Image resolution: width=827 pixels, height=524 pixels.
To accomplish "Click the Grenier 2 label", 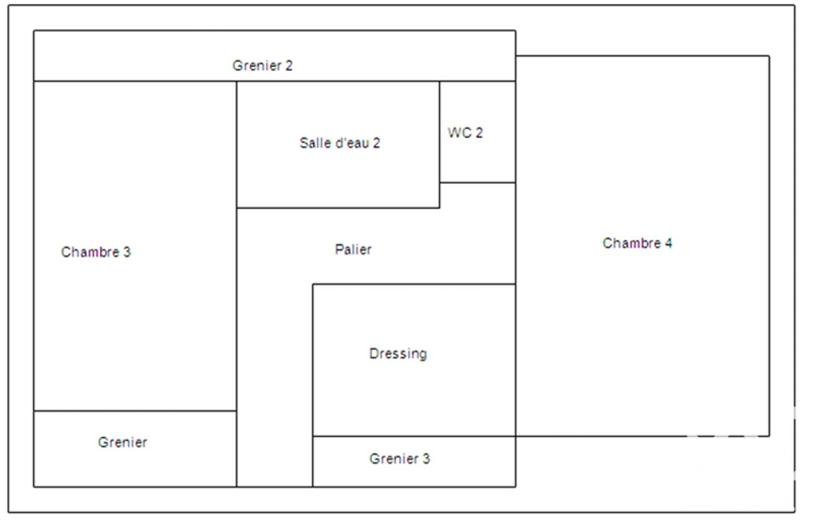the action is point(262,65).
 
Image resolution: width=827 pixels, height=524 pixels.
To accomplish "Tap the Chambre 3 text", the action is point(95,252).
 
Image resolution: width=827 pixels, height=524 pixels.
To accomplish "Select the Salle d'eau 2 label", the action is point(340,143).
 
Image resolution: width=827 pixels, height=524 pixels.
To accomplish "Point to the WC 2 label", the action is point(466,133).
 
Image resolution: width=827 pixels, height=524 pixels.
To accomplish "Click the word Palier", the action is point(353,249).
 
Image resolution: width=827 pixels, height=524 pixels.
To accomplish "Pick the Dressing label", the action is point(398,354).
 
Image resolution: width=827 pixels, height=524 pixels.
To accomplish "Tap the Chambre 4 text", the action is point(637,243).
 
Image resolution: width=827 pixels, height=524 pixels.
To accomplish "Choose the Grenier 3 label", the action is point(399,459).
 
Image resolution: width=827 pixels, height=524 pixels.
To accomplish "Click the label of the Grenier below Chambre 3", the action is point(123,442).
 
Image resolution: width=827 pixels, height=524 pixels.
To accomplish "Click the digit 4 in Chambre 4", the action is point(668,243).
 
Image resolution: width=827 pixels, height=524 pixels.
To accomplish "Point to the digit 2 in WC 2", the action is point(479,133).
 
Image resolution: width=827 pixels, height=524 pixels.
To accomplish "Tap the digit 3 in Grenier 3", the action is point(426,459).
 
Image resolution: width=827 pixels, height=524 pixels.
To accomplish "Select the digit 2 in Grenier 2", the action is point(289,65).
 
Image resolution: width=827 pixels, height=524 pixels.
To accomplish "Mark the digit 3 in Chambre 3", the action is point(127,252).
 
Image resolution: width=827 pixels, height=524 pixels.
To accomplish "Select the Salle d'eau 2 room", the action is point(338,174).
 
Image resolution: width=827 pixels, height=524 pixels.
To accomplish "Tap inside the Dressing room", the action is point(414,390).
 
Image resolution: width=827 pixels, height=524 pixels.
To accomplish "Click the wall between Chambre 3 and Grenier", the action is point(135,410).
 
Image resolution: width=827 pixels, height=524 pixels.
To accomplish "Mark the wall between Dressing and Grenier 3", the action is point(414,436).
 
